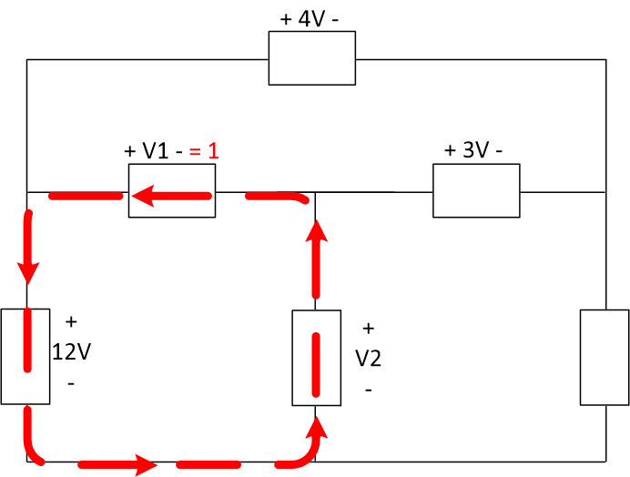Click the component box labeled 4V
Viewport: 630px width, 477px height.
pos(311,58)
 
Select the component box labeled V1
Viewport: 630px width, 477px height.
pos(171,192)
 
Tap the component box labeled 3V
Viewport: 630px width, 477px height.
pos(475,191)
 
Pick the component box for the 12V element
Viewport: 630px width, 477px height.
pos(25,356)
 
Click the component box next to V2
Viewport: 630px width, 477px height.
pos(316,358)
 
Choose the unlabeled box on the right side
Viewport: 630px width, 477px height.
pos(604,357)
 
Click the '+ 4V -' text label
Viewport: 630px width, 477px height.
pos(312,17)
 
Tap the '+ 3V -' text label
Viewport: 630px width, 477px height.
pos(473,150)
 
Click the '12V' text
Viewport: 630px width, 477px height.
pos(71,352)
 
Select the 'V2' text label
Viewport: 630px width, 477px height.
pos(368,359)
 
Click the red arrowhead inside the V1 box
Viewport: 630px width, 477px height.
pos(141,193)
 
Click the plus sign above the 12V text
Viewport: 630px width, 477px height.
pos(71,321)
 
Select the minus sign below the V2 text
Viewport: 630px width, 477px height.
pos(368,390)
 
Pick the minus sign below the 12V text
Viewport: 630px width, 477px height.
pos(71,383)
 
